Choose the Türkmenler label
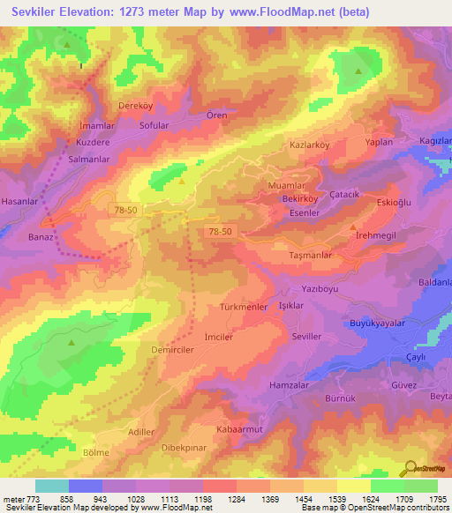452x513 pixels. coord(244,307)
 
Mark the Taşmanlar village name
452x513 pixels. coord(311,254)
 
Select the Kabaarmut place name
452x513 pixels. coord(239,428)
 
